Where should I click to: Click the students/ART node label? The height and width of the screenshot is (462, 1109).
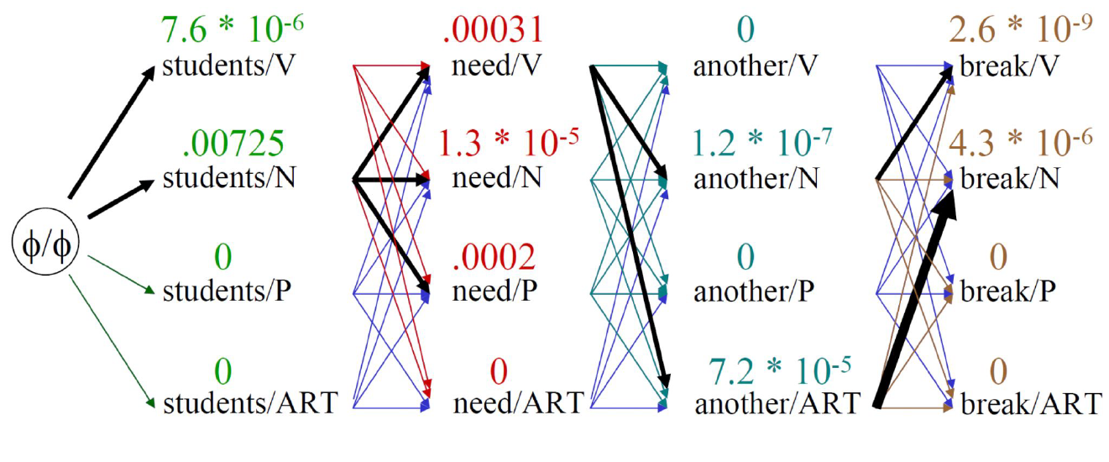pos(249,404)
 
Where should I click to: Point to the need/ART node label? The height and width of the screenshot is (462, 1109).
pos(517,404)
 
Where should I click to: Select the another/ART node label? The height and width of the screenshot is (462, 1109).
pos(777,404)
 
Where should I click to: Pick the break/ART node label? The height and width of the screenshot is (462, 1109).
pos(1029,404)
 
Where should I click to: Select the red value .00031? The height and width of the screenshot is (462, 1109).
pos(493,31)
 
